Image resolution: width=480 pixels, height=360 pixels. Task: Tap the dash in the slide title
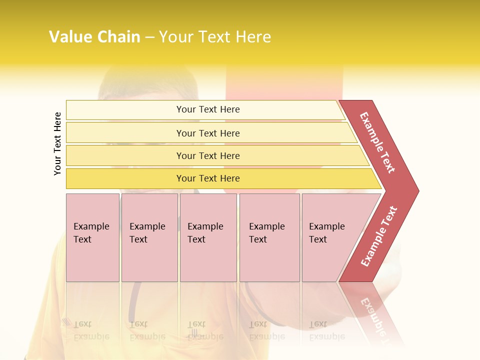click(x=149, y=37)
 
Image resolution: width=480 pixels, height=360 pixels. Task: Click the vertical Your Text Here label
click(x=57, y=143)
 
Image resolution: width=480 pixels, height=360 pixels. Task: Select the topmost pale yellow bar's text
click(x=208, y=109)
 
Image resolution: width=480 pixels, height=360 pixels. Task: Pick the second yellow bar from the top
click(x=208, y=133)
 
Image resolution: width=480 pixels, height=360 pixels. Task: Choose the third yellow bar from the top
click(x=208, y=155)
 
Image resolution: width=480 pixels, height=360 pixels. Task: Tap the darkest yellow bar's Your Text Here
click(x=208, y=178)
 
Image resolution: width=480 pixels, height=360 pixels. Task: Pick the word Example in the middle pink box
click(x=205, y=226)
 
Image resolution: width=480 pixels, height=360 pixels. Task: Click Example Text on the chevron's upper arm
click(x=377, y=142)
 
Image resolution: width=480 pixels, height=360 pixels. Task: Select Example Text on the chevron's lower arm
click(x=379, y=236)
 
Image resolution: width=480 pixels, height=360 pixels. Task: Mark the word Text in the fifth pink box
click(x=318, y=239)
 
